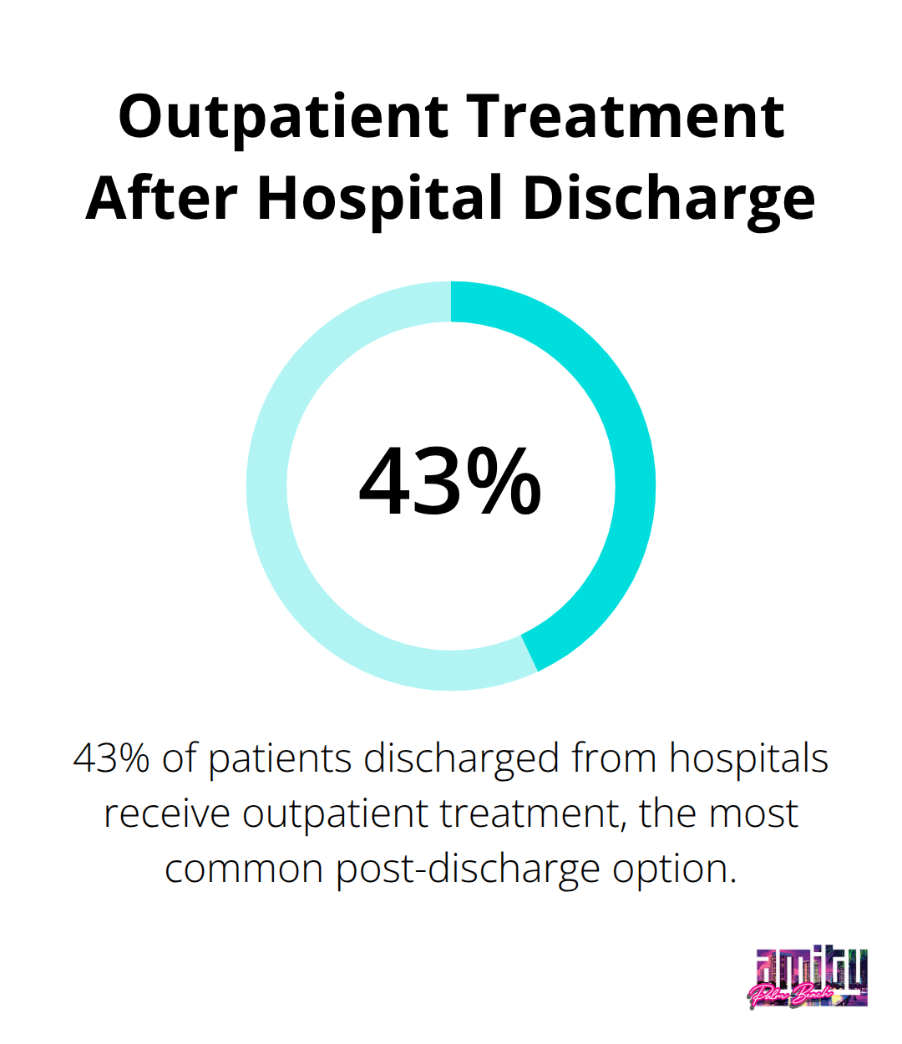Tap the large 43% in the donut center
[450, 483]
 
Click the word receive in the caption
[167, 814]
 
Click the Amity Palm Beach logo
[808, 978]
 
